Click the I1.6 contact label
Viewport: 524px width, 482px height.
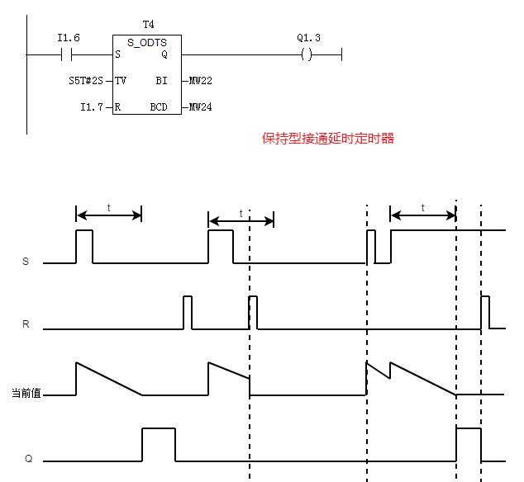tap(68, 39)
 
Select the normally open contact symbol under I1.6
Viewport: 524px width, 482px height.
tap(68, 54)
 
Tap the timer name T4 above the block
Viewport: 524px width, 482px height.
tap(149, 26)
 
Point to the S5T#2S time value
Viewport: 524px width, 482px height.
tap(86, 81)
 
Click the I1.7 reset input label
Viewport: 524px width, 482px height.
tap(92, 106)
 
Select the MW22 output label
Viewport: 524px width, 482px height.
tap(201, 81)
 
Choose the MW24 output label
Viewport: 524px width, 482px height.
tap(201, 106)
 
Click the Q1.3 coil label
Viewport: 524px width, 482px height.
tap(307, 39)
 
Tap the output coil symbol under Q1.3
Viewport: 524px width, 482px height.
tap(307, 54)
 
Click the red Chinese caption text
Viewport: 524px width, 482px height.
tap(328, 139)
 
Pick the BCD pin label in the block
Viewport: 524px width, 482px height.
tap(158, 106)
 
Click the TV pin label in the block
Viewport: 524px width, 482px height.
tap(121, 81)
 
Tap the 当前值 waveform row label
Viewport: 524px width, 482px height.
tap(26, 394)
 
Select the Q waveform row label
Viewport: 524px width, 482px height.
tap(28, 458)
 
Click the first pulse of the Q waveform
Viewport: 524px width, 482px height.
tap(158, 444)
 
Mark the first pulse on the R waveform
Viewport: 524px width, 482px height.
tap(188, 311)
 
